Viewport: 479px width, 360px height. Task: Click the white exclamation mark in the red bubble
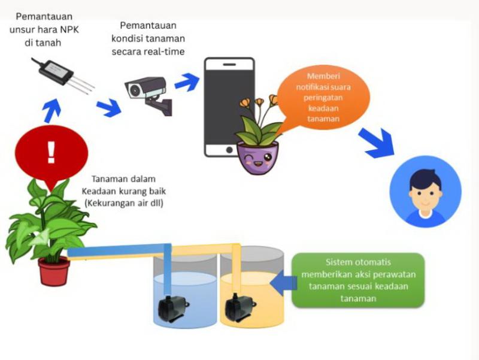51,153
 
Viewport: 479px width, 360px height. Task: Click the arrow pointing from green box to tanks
282,280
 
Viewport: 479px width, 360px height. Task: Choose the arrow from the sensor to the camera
108,108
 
